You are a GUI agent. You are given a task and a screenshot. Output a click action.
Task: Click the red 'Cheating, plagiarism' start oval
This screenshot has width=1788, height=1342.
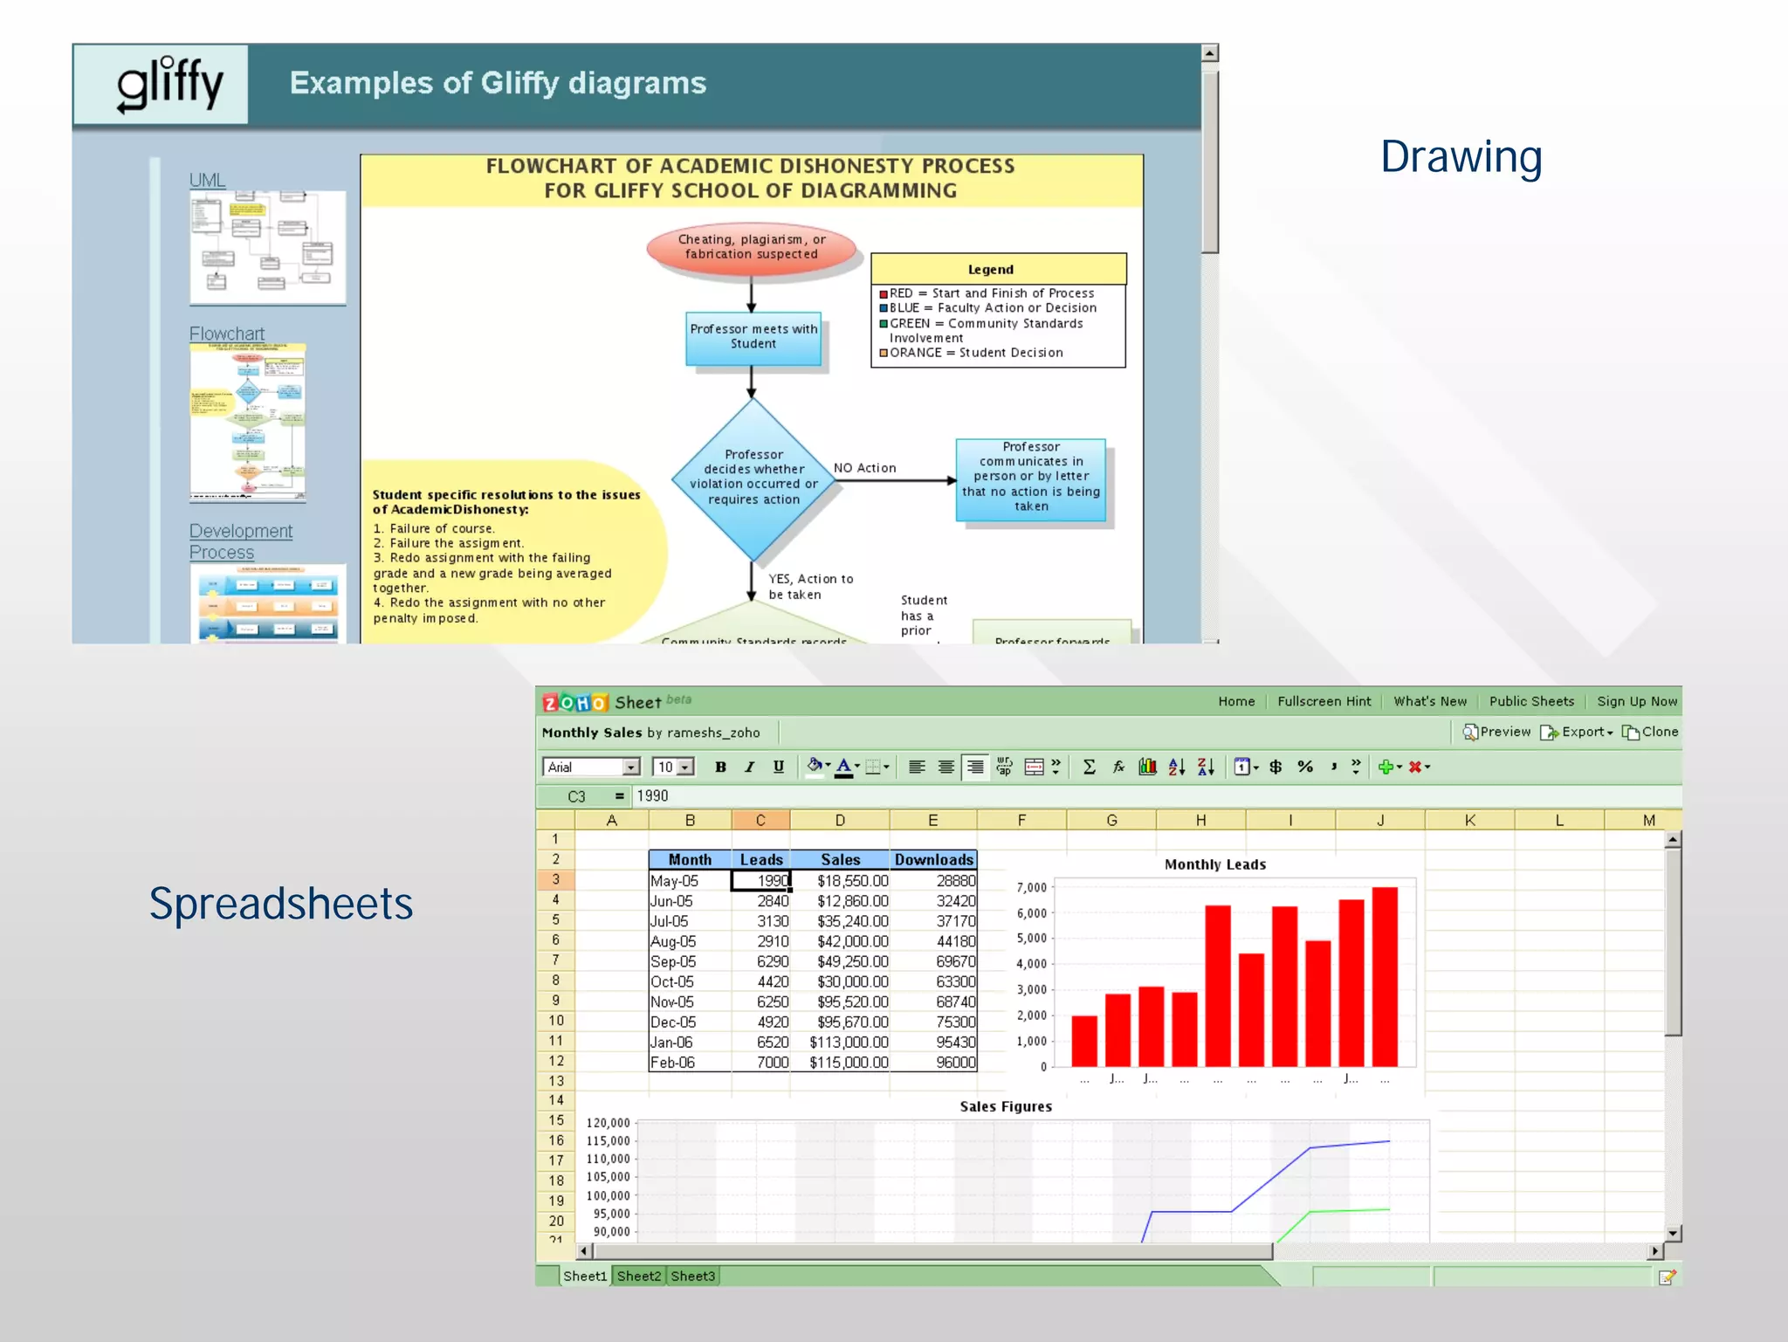coord(751,247)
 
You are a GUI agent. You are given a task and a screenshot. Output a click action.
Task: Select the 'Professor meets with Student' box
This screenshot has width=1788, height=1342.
coord(753,337)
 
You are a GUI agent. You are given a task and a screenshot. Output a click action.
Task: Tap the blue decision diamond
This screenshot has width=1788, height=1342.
coord(753,478)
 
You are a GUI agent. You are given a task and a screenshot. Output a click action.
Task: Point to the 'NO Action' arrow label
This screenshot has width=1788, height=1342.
coord(864,468)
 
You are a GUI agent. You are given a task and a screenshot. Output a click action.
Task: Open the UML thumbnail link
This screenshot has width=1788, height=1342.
coord(207,180)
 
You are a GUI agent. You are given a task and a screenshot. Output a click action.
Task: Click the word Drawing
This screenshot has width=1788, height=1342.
coord(1461,157)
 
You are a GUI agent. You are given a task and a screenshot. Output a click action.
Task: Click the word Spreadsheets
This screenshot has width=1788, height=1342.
coord(280,903)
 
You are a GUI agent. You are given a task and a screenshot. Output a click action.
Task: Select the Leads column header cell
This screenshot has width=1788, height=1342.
coord(760,859)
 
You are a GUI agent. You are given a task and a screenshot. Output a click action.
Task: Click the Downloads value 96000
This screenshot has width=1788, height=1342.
coord(955,1062)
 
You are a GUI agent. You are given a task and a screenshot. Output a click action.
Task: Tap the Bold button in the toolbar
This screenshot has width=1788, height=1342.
coord(720,767)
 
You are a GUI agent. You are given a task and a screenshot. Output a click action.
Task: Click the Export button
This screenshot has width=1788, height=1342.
coord(1577,732)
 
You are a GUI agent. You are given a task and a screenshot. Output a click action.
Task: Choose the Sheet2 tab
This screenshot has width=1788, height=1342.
coord(638,1276)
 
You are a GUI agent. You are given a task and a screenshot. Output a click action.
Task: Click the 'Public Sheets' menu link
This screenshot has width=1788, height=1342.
coord(1531,701)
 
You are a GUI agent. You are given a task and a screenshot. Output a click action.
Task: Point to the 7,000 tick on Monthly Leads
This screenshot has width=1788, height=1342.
coord(1032,887)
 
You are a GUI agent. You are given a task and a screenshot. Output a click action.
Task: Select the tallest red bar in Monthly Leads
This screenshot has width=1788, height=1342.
coord(1385,976)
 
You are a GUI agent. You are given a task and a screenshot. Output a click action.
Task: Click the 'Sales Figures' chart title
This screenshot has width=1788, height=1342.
coord(1005,1106)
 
